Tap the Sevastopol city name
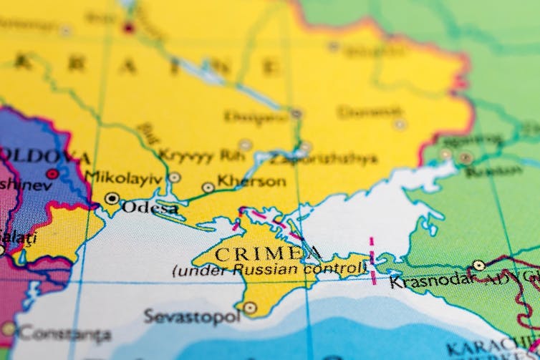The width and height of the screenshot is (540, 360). point(191,316)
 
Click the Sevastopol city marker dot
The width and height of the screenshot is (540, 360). point(249,308)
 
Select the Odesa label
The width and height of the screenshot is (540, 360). point(150,208)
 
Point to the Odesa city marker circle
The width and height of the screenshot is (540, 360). point(112,198)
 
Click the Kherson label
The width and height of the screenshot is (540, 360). point(251,182)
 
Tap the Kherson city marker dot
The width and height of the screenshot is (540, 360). point(208,188)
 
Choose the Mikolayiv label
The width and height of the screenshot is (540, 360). point(123,177)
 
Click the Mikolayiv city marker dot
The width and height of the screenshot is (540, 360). point(175,177)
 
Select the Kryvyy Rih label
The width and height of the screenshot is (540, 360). point(196,155)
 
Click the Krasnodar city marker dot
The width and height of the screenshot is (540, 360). point(478,266)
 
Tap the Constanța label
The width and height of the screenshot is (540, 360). point(64,334)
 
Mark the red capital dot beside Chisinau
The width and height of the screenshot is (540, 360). point(52,174)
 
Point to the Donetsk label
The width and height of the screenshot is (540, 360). point(370,112)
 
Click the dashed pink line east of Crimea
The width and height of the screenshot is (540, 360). point(372,261)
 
